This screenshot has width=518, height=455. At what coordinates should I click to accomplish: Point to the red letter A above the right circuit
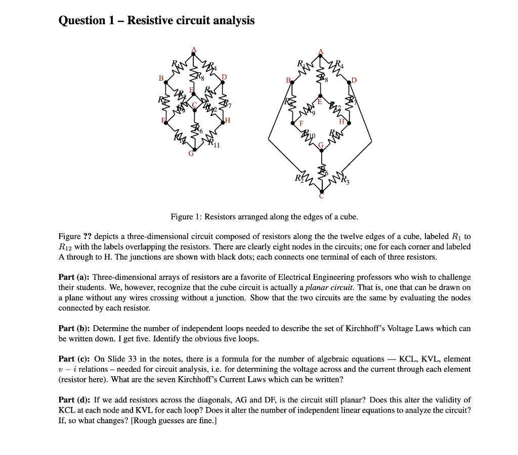320,52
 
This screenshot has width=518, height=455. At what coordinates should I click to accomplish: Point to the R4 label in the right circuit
340,65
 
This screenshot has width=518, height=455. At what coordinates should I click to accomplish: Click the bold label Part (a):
74,277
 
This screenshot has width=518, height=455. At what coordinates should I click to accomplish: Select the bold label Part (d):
74,400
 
